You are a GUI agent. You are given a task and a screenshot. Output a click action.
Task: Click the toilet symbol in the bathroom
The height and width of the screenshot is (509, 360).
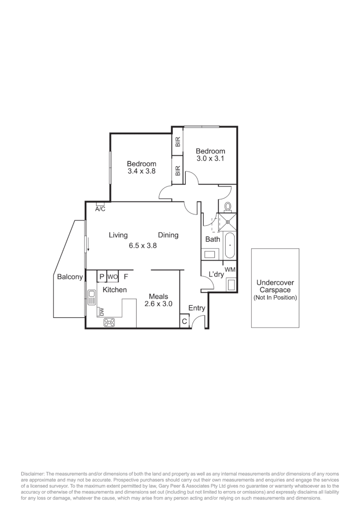[228, 206]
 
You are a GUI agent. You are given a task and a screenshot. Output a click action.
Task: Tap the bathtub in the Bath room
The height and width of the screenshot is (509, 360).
[229, 246]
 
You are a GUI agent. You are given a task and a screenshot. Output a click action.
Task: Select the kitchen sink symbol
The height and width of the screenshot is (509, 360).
[91, 297]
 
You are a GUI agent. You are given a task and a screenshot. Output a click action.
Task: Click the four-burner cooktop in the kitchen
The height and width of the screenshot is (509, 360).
[110, 323]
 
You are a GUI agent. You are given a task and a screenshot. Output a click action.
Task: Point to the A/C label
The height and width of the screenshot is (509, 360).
[100, 208]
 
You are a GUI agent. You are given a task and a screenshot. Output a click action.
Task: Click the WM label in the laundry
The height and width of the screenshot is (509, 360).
[230, 269]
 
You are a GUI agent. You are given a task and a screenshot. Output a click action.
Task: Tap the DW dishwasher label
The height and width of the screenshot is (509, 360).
[101, 312]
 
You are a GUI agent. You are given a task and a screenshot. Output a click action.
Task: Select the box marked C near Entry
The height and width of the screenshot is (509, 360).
[184, 322]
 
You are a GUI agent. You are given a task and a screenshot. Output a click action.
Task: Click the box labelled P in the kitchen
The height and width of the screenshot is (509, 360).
[101, 277]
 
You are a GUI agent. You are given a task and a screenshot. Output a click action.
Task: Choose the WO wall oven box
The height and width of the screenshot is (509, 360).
[113, 277]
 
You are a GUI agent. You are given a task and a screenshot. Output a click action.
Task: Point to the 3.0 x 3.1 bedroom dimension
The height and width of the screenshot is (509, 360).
[210, 158]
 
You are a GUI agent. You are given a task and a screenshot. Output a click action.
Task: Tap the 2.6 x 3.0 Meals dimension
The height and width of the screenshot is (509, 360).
[158, 304]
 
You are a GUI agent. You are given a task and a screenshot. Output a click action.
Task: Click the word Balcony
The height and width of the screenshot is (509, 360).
[70, 277]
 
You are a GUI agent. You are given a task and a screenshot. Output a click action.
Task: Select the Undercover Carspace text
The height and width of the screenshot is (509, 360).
[275, 287]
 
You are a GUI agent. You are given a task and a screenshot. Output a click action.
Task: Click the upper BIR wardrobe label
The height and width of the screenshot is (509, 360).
[178, 142]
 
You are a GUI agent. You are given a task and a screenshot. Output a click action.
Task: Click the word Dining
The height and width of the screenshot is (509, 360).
[168, 235]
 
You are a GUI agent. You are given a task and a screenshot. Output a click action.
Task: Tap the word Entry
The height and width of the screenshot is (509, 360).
[196, 308]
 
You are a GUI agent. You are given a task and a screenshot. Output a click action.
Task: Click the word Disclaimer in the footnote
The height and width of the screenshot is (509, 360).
[33, 473]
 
